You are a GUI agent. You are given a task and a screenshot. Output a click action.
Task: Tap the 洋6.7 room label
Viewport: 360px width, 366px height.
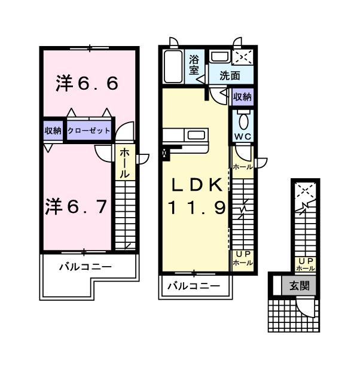[x=76, y=206]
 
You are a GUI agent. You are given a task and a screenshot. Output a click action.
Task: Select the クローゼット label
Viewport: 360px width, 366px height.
[x=89, y=130]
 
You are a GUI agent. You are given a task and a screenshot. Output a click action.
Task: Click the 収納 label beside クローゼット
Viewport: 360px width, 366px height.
[x=53, y=130]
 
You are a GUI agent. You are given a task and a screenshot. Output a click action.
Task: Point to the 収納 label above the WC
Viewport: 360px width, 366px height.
[x=242, y=96]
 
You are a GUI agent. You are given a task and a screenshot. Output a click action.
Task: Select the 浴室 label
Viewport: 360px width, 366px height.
[x=194, y=65]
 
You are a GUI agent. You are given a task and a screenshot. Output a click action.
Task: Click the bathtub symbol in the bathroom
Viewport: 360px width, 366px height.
[x=173, y=66]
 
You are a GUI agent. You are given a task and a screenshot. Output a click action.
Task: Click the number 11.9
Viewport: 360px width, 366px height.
[x=196, y=208]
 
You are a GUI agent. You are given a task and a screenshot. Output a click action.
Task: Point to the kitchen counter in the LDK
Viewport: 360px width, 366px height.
[x=187, y=136]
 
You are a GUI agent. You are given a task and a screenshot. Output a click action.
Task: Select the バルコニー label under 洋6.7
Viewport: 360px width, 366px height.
[x=84, y=267]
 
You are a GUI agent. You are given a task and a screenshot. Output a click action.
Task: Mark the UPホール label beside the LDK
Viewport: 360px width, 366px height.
[x=242, y=258]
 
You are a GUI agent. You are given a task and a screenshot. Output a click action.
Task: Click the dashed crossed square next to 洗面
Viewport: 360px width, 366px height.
[x=243, y=57]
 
